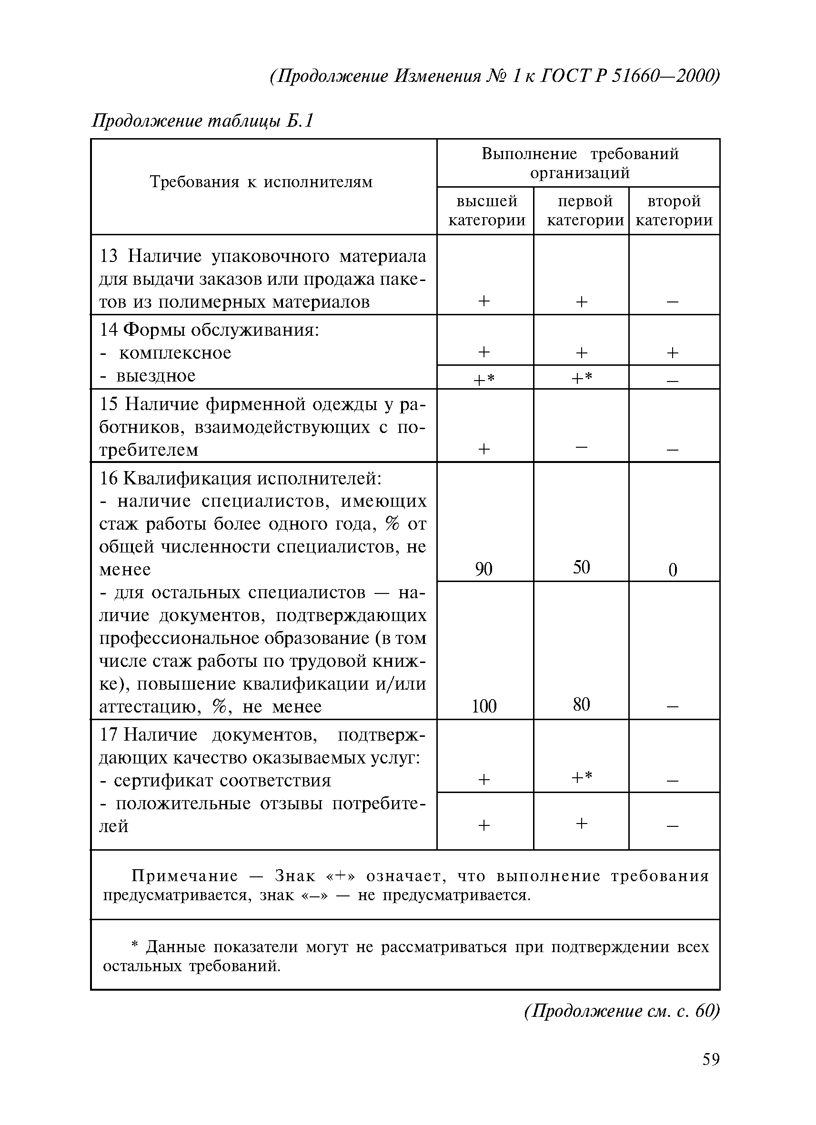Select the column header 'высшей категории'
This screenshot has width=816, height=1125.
[x=486, y=211]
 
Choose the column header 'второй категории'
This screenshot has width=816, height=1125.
[x=674, y=211]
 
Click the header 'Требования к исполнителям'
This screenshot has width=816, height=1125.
[x=261, y=182]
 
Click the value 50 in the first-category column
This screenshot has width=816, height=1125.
[x=581, y=567]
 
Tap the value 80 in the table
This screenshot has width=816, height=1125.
[x=581, y=705]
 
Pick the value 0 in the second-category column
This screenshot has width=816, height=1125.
[x=673, y=570]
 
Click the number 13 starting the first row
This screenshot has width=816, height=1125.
[x=109, y=256]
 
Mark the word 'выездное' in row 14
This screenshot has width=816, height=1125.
[x=156, y=376]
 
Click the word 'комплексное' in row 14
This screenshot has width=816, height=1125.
[x=175, y=352]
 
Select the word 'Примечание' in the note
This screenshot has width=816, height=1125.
[x=184, y=876]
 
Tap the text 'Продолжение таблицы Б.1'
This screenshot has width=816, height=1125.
[x=203, y=121]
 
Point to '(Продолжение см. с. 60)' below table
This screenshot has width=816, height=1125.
[x=622, y=1010]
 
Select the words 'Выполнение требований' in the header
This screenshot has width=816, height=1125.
[x=579, y=154]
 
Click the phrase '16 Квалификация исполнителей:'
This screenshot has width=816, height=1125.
[x=241, y=478]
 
